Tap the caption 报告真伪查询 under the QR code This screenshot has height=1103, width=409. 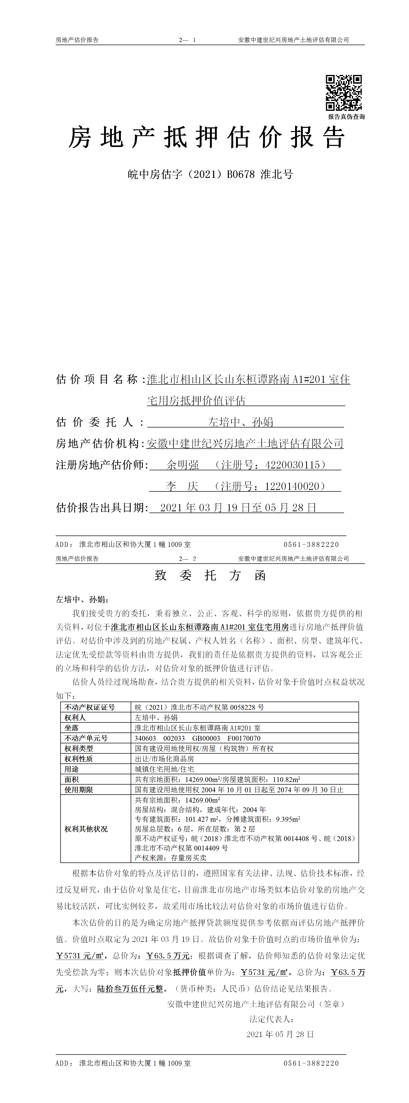tap(346, 117)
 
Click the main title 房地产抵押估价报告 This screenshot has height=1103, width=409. tap(207, 138)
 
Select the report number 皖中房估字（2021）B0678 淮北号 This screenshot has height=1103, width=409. tap(210, 174)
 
